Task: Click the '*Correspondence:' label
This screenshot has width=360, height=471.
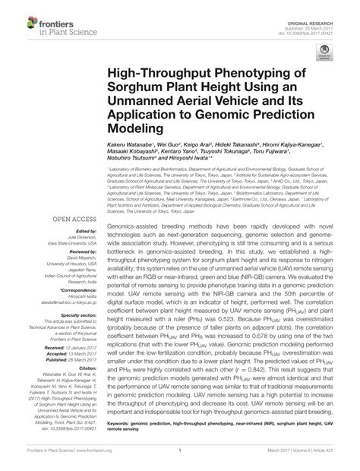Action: click(71, 289)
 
